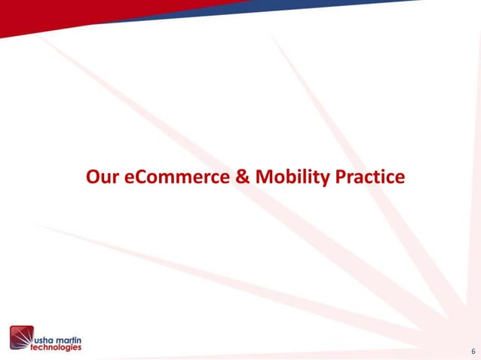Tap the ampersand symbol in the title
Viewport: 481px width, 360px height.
point(238,177)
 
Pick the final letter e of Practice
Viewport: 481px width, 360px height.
point(400,178)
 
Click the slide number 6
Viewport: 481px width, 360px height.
point(471,351)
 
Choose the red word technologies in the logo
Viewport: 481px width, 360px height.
point(56,347)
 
